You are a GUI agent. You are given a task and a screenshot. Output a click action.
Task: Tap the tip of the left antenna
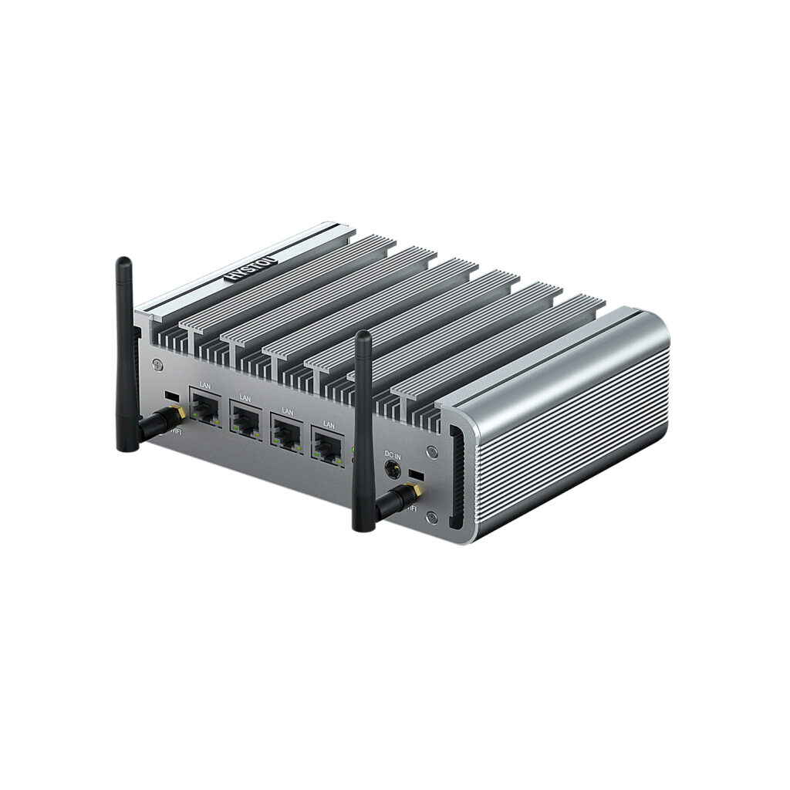(123, 262)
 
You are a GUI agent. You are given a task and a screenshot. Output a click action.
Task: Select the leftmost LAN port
(204, 407)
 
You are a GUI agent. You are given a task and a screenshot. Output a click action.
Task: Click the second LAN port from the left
(246, 420)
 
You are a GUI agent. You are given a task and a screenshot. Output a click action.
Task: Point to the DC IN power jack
(392, 469)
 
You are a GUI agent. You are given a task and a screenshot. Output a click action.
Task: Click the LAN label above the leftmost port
(204, 385)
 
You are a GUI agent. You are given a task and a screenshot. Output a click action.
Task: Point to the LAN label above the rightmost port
(329, 424)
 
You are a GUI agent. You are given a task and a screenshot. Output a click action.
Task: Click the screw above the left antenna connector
(157, 363)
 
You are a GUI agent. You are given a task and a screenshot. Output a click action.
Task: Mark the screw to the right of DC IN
(433, 452)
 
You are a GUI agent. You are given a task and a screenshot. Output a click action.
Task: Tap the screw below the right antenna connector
(432, 518)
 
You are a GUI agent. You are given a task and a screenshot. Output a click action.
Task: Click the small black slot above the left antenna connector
(172, 396)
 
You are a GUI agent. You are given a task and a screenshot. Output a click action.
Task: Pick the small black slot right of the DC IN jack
(417, 472)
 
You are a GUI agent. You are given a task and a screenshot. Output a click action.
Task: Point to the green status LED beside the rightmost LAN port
(354, 449)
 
